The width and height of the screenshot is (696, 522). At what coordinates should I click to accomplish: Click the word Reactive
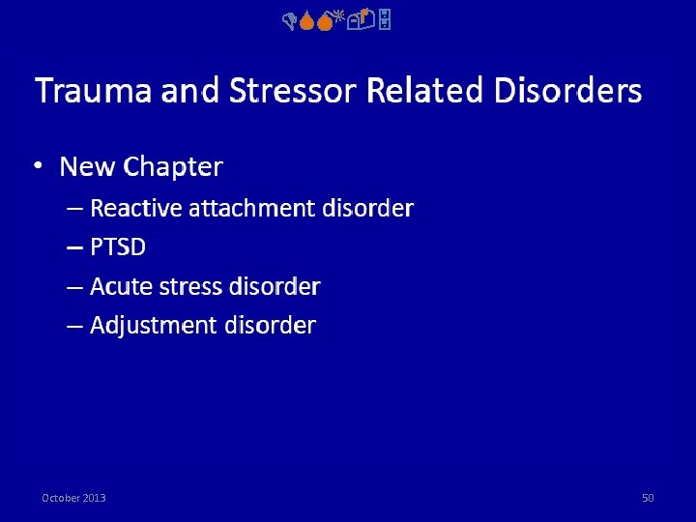point(135,208)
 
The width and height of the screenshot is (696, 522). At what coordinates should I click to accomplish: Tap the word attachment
point(250,208)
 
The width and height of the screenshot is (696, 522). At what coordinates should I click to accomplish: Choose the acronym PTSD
point(118,247)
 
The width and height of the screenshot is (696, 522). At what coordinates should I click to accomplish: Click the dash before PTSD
point(74,247)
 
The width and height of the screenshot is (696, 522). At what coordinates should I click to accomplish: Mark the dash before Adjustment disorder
point(74,326)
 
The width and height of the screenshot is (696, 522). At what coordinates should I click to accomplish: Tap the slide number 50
point(648,498)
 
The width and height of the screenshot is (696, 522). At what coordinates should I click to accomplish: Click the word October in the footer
point(61,498)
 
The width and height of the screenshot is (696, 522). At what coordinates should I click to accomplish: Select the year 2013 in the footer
point(95,498)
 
